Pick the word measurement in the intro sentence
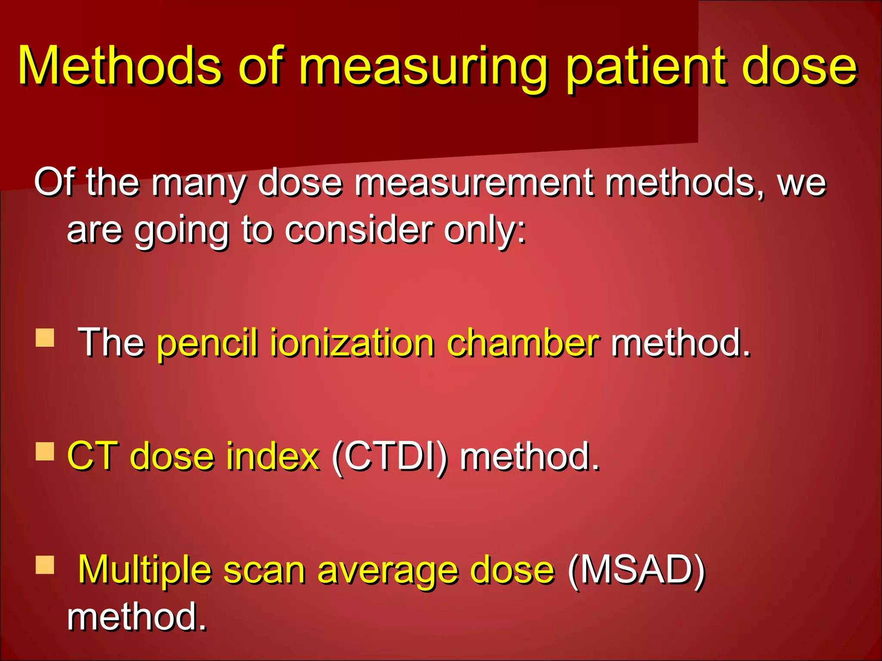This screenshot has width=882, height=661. [x=474, y=182]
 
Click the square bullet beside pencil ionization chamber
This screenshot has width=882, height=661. [x=45, y=337]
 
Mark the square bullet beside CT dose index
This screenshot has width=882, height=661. [x=45, y=451]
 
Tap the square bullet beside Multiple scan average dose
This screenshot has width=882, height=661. [x=45, y=565]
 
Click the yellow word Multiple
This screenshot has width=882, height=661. [x=145, y=571]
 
